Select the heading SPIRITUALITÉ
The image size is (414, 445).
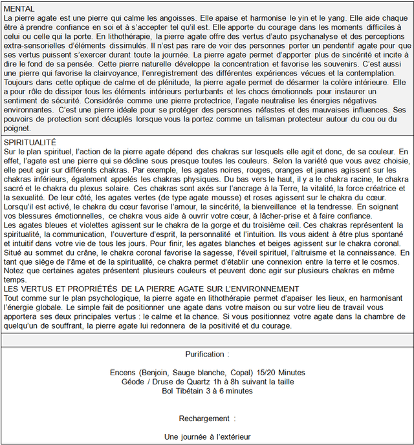click(x=30, y=141)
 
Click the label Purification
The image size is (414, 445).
click(x=206, y=355)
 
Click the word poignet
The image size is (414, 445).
click(x=17, y=129)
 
